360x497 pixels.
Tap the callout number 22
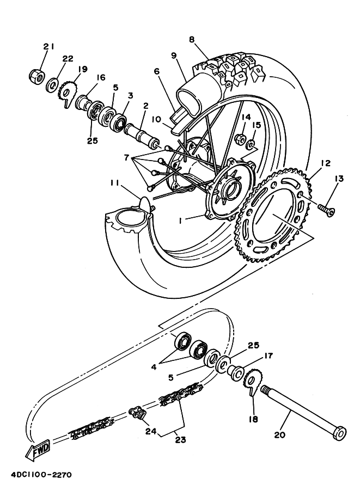(x=68, y=59)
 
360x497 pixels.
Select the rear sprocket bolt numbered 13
(x=326, y=209)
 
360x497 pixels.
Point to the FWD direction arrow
(x=39, y=450)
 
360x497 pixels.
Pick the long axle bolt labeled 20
(x=303, y=412)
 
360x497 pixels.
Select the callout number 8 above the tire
(x=192, y=40)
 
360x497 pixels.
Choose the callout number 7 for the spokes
(x=127, y=157)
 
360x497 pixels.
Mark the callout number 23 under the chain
(x=180, y=440)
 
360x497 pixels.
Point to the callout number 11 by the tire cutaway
(x=115, y=183)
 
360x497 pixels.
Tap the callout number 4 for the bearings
(x=154, y=367)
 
